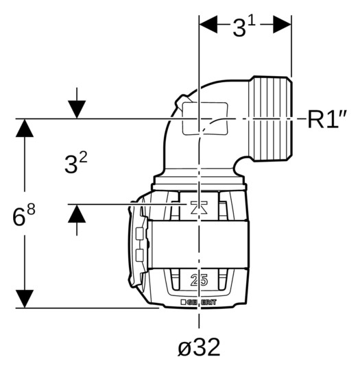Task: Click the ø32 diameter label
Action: coord(199,347)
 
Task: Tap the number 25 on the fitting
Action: coord(199,280)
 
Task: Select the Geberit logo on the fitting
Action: coord(198,302)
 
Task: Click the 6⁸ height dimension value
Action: coord(23,214)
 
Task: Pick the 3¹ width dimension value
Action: coord(244,27)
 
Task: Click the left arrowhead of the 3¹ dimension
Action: coord(208,24)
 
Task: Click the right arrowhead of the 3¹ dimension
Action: coord(282,24)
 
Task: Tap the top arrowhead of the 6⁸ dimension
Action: coord(25,128)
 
